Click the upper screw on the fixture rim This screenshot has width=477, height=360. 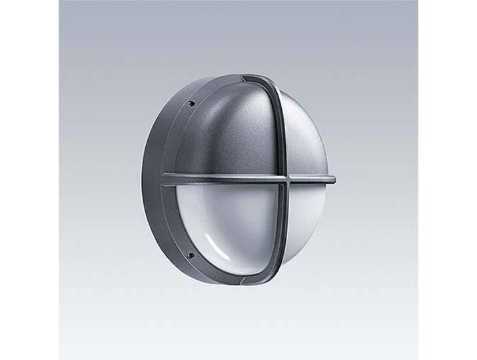pos(191,103)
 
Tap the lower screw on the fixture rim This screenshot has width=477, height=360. pos(190,255)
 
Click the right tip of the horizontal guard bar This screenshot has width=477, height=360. pos(333,179)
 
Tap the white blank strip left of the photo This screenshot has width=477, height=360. pos(29,180)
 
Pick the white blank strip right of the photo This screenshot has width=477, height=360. pos(447,180)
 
